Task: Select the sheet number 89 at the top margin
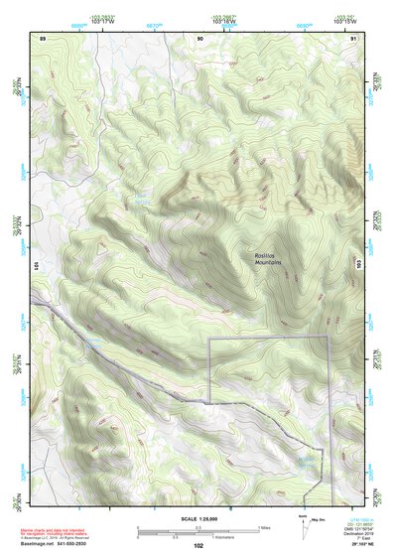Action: click(43, 37)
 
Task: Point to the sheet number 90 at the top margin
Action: click(199, 37)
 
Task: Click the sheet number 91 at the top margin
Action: click(354, 37)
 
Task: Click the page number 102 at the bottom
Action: click(198, 546)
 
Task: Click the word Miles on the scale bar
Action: click(262, 527)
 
